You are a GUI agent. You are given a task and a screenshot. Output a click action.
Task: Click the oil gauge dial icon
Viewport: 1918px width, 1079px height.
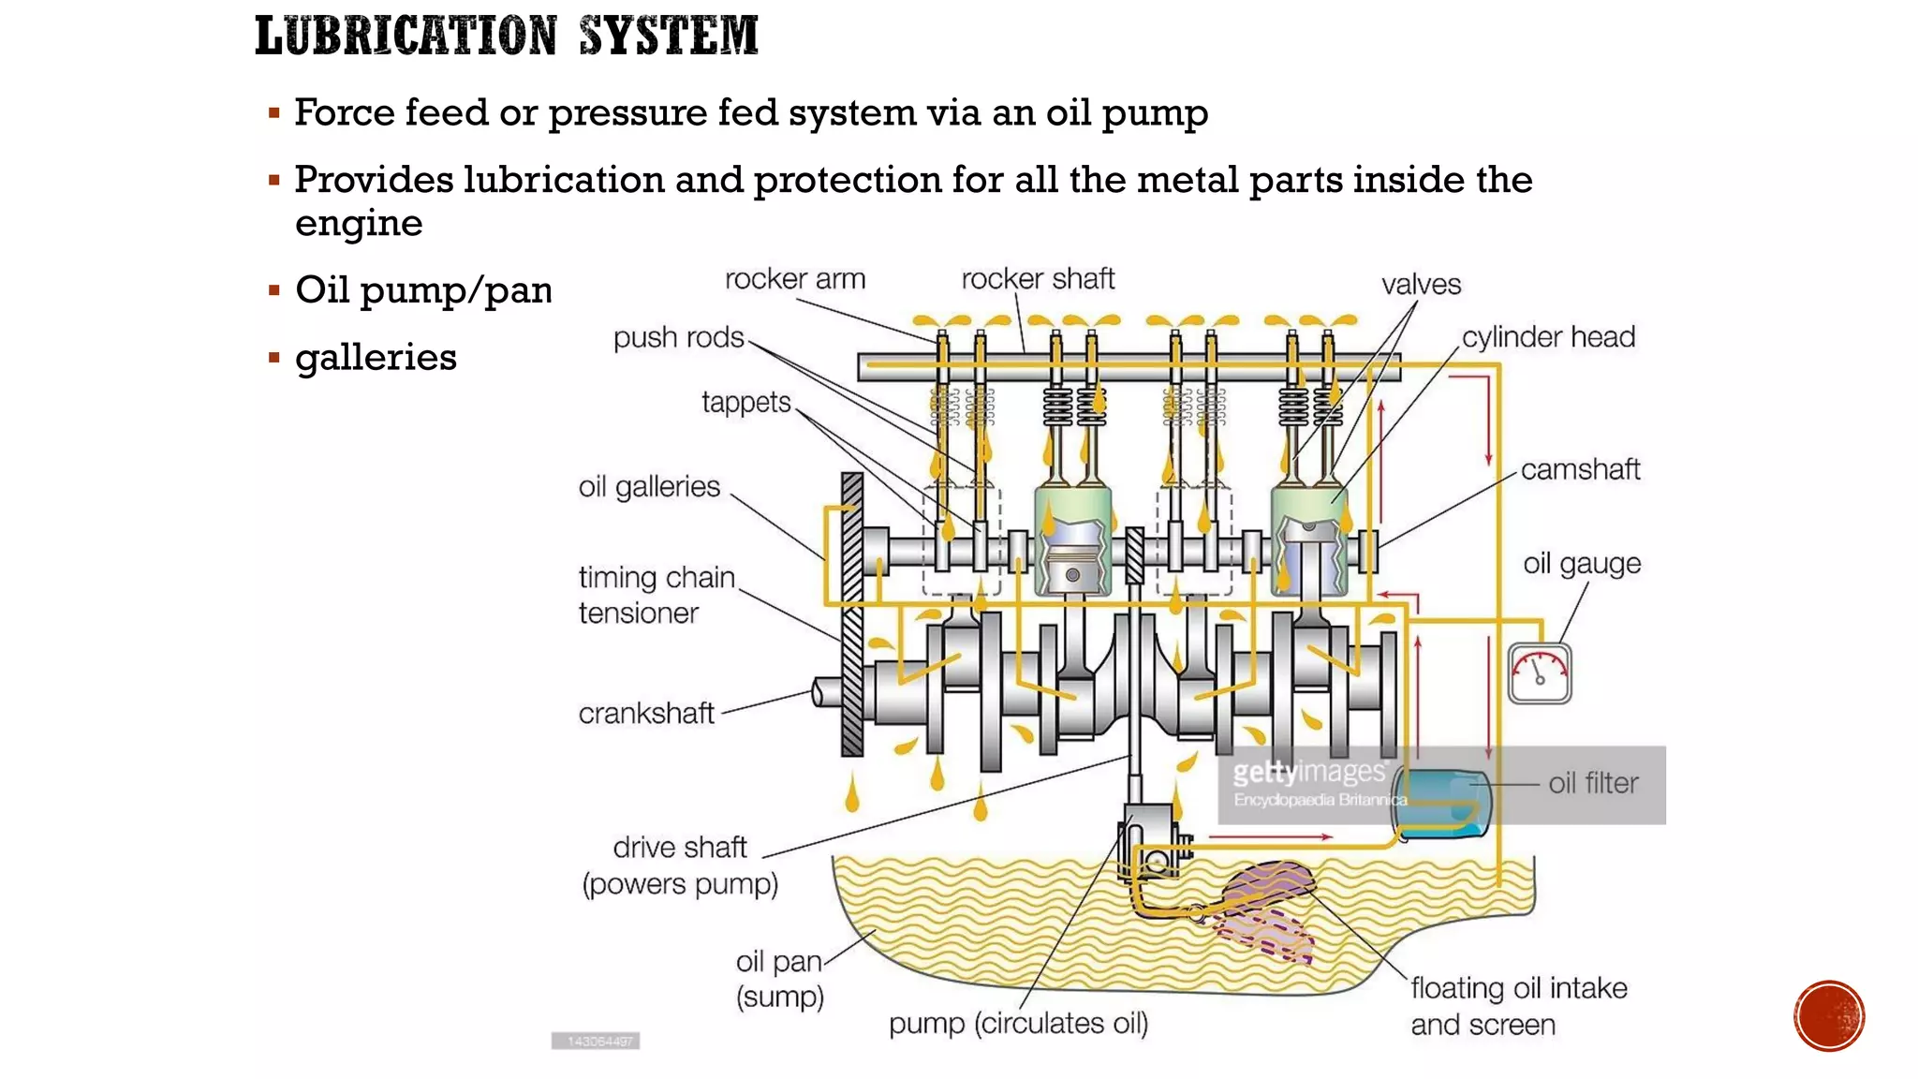point(1540,673)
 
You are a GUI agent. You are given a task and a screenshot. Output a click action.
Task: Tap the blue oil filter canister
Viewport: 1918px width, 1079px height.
point(1439,803)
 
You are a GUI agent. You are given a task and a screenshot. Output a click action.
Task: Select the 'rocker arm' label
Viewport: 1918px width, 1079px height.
point(795,279)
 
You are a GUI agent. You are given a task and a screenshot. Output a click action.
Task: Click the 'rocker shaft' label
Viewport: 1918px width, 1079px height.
point(1038,279)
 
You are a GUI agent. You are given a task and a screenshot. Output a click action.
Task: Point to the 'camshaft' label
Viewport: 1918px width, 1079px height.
point(1580,469)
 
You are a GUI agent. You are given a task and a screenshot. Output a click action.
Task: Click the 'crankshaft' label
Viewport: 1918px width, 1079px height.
point(646,714)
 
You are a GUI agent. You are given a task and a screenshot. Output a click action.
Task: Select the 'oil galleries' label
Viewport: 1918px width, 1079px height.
point(649,487)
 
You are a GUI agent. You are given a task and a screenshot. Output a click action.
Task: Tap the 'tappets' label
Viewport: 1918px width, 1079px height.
point(746,403)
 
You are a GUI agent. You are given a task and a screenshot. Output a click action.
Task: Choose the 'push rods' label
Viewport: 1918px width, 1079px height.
point(678,337)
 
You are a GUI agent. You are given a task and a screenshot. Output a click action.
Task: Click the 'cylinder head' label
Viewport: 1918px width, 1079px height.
point(1548,337)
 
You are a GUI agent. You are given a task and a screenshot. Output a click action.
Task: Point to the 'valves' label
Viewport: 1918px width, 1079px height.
point(1421,285)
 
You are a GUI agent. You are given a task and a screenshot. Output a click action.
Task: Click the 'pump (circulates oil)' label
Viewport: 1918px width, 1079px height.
point(1018,1024)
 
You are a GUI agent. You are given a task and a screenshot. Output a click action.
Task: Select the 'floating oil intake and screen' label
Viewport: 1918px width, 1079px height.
point(1518,1006)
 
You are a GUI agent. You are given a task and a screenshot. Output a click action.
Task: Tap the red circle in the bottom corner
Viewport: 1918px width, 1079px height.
point(1829,1016)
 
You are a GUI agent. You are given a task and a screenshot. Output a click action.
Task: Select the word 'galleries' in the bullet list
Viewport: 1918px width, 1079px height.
point(376,358)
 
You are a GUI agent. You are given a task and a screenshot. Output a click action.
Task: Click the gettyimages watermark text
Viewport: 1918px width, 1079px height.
point(1308,773)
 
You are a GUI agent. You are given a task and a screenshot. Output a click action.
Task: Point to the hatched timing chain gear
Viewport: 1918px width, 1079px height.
point(852,613)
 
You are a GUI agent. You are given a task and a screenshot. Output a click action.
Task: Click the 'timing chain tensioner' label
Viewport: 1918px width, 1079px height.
point(656,595)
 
